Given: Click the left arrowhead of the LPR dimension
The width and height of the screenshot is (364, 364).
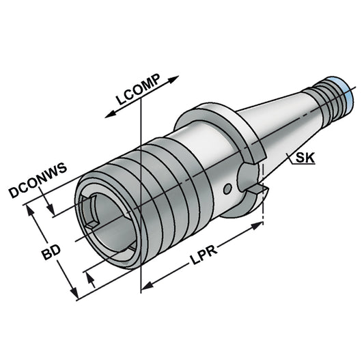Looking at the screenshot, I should tap(145, 286).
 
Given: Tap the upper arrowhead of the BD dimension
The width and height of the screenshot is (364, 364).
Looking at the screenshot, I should tap(29, 206).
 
